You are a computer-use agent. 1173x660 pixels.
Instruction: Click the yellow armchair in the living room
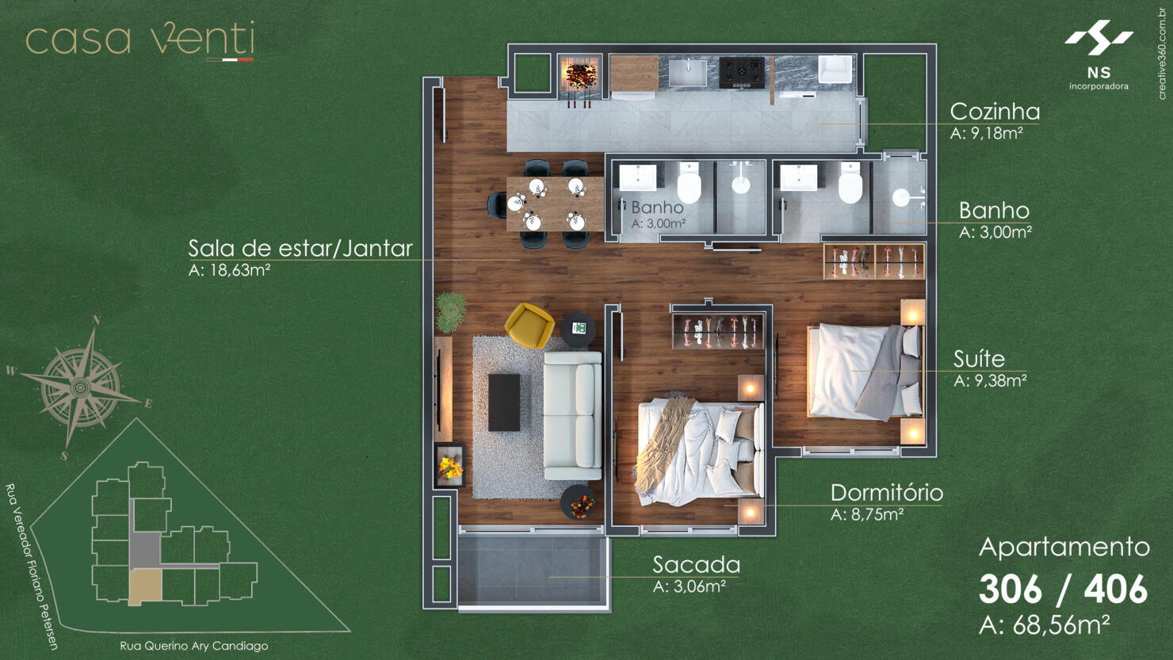click(x=529, y=325)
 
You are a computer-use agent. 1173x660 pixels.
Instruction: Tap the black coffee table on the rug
click(x=504, y=402)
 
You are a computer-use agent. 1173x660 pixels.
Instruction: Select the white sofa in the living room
click(x=572, y=416)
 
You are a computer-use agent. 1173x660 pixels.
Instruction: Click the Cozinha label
click(x=995, y=112)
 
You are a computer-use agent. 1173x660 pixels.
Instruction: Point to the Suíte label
click(x=979, y=359)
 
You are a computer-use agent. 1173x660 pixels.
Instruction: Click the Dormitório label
click(x=886, y=493)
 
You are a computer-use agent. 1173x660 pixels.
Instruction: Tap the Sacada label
click(x=696, y=565)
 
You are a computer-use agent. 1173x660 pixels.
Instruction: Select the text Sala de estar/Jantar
click(x=300, y=249)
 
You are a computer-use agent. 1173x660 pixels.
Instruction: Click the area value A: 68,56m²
click(x=1044, y=625)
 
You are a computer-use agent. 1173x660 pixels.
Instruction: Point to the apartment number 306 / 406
click(x=1063, y=589)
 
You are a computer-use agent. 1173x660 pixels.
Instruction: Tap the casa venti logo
click(x=140, y=40)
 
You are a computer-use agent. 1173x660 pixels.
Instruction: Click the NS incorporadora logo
click(x=1098, y=55)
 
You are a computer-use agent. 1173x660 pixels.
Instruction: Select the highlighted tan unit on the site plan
click(x=145, y=586)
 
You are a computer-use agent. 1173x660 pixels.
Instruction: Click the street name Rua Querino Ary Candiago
click(x=193, y=646)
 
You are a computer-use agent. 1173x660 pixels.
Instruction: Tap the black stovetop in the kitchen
click(x=742, y=72)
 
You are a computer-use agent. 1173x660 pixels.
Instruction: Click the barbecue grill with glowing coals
click(x=580, y=76)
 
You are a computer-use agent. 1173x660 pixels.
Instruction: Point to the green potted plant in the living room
click(x=450, y=311)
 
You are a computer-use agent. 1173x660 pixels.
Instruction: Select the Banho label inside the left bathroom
click(x=657, y=208)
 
